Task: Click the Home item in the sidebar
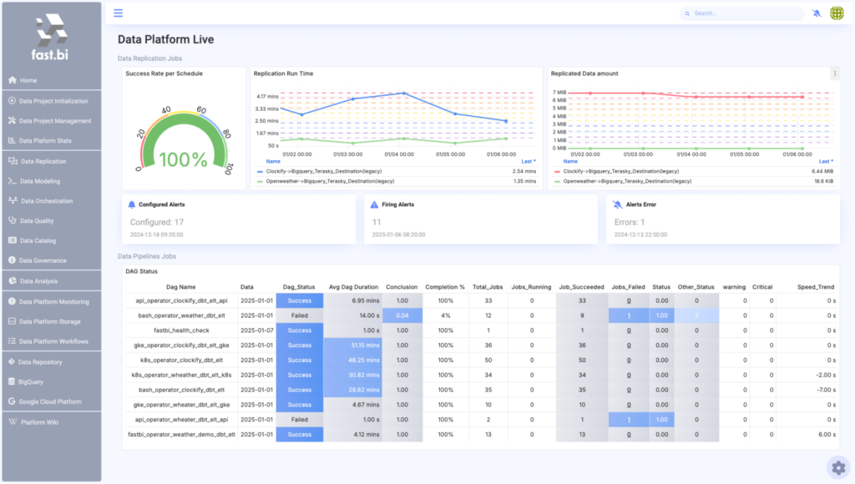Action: pos(28,80)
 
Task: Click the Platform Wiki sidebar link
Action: pos(39,422)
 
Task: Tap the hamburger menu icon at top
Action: pos(119,13)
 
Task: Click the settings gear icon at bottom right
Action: pos(838,466)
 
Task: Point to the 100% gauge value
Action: pos(184,159)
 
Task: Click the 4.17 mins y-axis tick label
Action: pos(267,97)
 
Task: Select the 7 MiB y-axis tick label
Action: pos(559,93)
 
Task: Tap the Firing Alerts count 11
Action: pos(377,222)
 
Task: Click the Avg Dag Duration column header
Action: pos(353,287)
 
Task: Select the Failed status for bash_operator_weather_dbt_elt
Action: pos(299,315)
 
